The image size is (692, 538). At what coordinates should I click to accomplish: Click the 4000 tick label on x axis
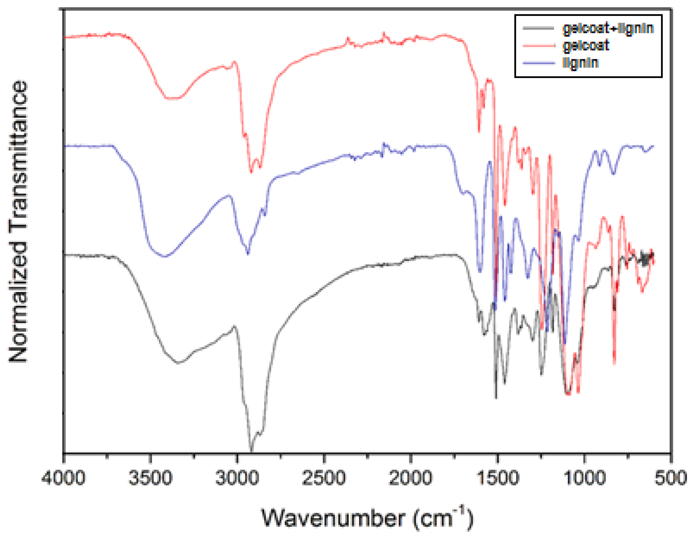point(63,478)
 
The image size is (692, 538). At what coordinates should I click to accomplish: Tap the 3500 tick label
point(150,478)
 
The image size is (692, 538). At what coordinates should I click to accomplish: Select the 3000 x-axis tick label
point(237,478)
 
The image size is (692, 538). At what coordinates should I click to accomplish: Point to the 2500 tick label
point(324,478)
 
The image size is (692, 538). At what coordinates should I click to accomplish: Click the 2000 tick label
point(411,478)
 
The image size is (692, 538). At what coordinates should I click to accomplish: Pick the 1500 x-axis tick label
point(497,478)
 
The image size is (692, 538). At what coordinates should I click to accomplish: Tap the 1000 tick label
point(584,478)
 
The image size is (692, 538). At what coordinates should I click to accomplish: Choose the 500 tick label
point(671,478)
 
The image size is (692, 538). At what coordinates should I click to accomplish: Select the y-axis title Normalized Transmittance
point(18,222)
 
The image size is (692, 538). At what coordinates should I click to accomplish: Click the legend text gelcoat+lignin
point(608,28)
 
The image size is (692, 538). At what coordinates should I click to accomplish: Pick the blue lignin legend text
point(580,63)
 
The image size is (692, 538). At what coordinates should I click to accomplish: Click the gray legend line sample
point(539,28)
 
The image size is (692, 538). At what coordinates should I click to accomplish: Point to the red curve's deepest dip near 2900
point(251,171)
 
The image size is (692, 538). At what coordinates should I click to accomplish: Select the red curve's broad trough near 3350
point(173,99)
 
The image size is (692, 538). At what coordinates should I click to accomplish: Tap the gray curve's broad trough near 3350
point(178,363)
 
